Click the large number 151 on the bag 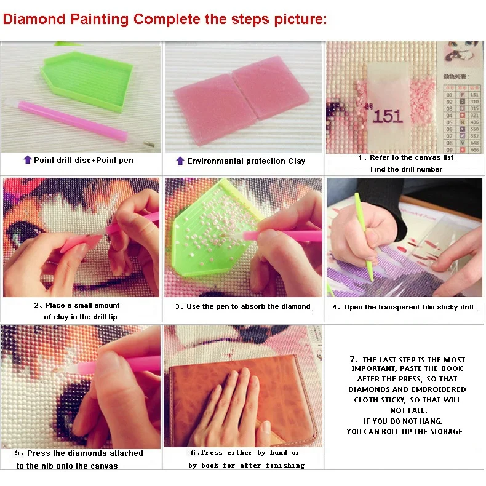[x=388, y=116]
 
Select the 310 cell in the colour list [x=474, y=102]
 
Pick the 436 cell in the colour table [x=474, y=122]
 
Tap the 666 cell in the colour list [x=474, y=149]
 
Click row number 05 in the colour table [x=449, y=122]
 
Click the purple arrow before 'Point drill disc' [x=27, y=160]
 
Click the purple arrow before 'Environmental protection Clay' [x=180, y=161]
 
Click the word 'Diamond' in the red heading [x=34, y=19]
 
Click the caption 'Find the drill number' [x=406, y=169]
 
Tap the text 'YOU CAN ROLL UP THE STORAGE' [x=404, y=432]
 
